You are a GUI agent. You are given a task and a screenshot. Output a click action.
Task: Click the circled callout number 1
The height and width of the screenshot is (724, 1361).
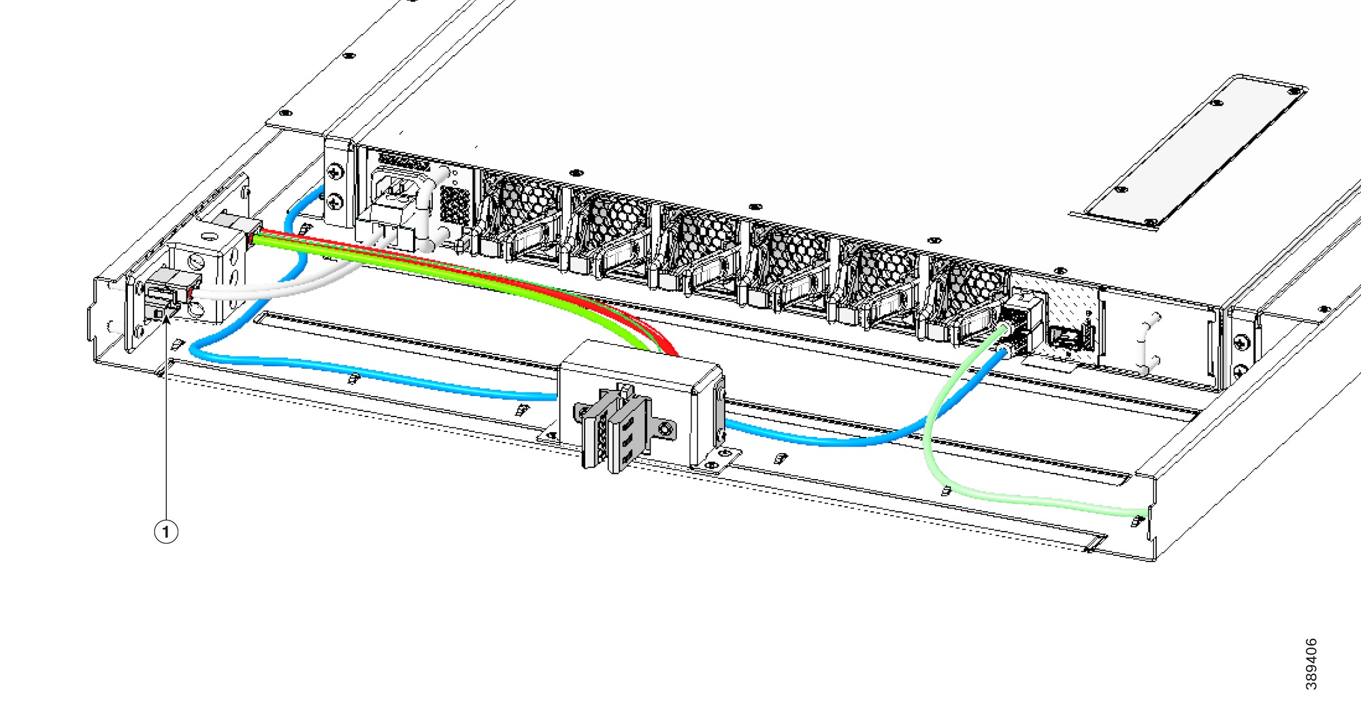point(166,531)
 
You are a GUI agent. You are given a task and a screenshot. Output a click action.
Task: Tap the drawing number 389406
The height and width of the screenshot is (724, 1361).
point(1311,664)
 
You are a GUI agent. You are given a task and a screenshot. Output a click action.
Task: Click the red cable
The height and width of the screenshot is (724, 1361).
point(476,272)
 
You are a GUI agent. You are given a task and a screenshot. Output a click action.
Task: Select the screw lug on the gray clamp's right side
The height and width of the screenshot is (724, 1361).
point(665,429)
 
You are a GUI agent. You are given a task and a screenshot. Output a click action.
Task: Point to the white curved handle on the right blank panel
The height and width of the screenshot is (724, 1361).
point(1147,344)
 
